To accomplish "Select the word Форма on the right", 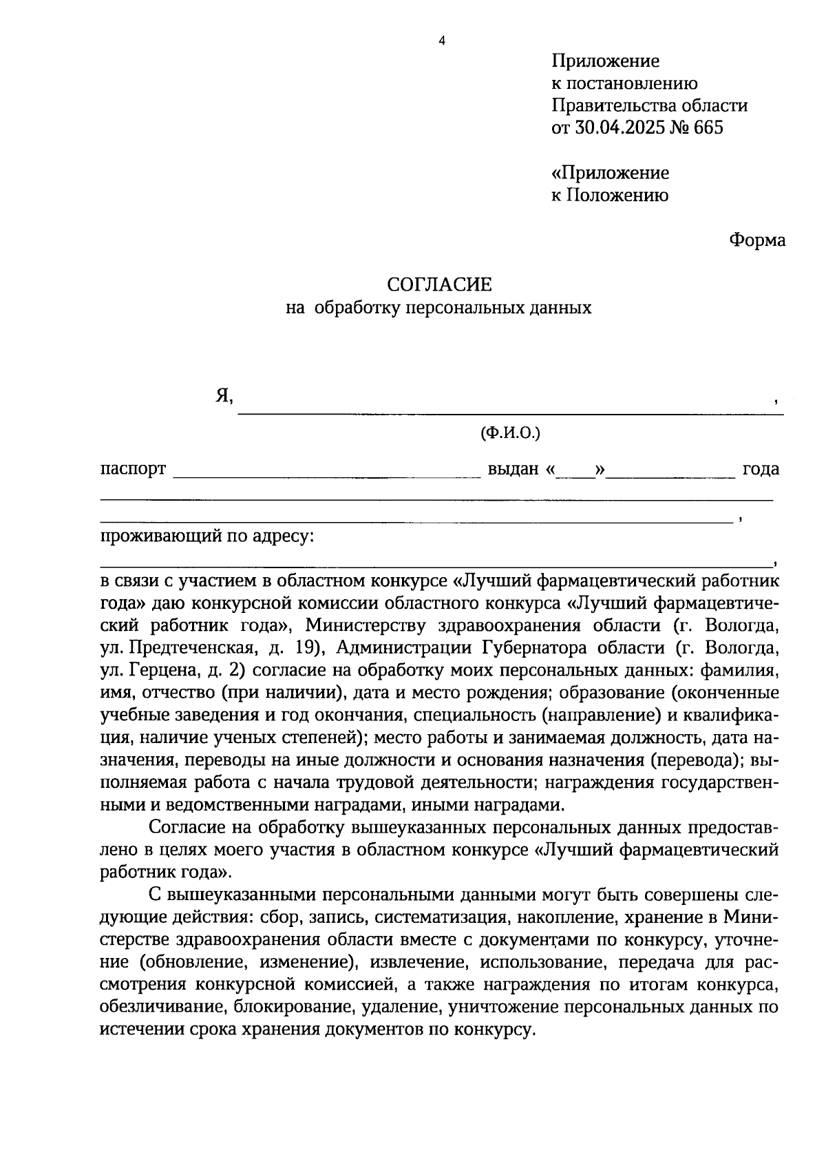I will [756, 240].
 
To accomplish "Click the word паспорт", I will [134, 469].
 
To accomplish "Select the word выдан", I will [513, 469].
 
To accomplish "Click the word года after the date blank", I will [760, 469].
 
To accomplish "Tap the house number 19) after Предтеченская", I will [305, 648].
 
